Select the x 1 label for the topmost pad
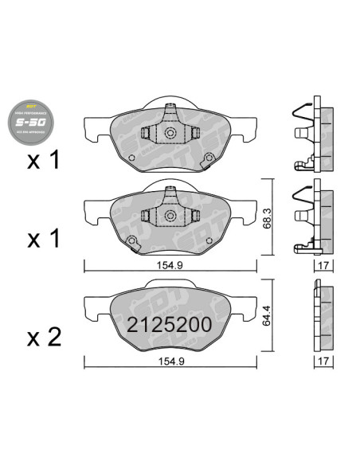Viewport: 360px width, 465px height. point(43,162)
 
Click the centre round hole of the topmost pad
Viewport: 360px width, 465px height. point(170,135)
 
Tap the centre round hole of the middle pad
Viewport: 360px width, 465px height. point(170,216)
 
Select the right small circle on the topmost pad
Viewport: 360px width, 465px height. point(208,156)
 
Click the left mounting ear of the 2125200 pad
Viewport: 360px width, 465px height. point(96,305)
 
